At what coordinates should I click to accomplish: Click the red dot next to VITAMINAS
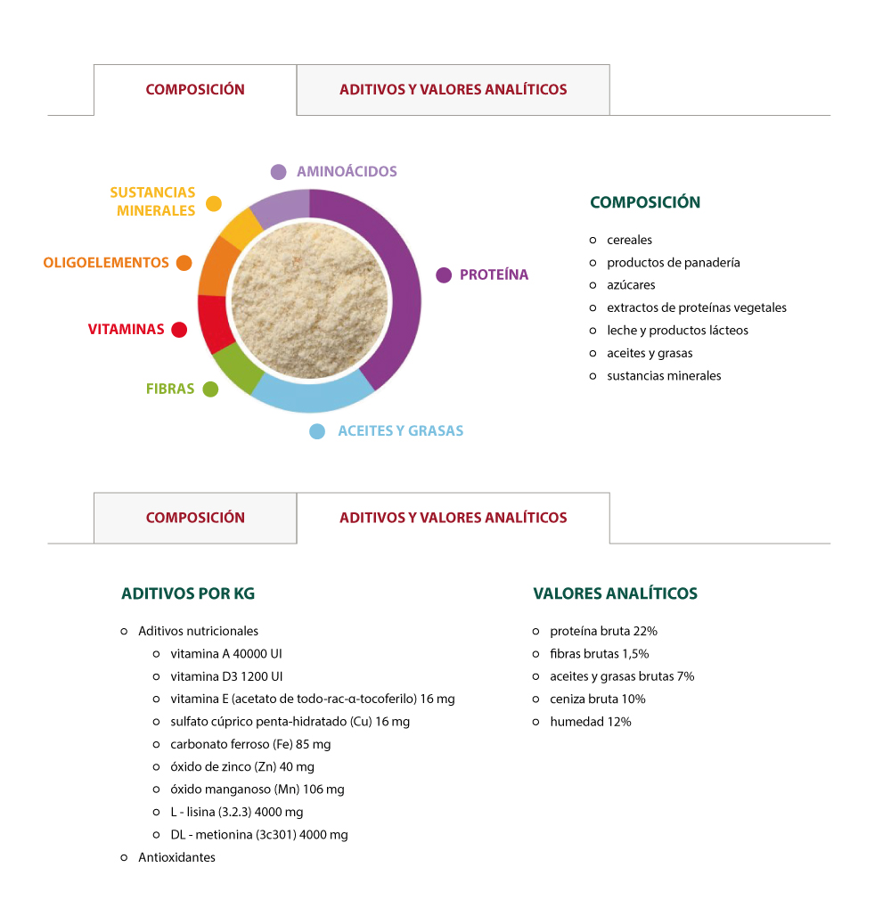(x=179, y=330)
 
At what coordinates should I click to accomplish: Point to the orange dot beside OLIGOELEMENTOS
(x=184, y=263)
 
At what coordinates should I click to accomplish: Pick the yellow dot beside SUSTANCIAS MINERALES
(x=214, y=203)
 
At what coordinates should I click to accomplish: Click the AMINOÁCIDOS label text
(x=347, y=172)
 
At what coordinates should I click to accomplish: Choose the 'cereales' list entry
(x=629, y=240)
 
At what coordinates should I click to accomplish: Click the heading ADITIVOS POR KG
(x=188, y=593)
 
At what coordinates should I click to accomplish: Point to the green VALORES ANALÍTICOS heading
(x=615, y=593)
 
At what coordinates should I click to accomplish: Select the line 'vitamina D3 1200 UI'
(x=226, y=676)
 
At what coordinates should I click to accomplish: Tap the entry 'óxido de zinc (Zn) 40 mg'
(x=242, y=766)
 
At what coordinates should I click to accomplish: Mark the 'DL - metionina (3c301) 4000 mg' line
(x=258, y=835)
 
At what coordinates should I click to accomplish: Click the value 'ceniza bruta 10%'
(x=597, y=700)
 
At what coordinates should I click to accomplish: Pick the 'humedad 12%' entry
(x=590, y=722)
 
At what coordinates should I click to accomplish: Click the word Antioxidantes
(x=176, y=857)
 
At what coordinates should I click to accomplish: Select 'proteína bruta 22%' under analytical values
(x=603, y=631)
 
